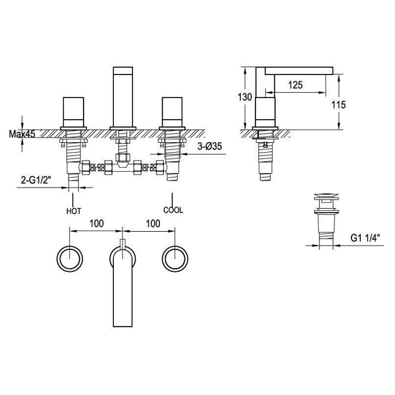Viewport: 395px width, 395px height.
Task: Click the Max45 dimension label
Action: tap(22, 134)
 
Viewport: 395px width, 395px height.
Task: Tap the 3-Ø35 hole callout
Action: tap(209, 146)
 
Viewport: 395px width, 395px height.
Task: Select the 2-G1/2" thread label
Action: tap(36, 180)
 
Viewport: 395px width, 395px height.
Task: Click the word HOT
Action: tap(74, 211)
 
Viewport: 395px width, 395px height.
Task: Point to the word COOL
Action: tap(173, 210)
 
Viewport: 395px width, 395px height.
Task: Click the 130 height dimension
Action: tap(245, 97)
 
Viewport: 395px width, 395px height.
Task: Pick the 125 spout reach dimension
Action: tap(295, 85)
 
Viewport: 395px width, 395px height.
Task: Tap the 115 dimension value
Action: tap(338, 105)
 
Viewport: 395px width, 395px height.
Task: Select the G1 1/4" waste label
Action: tap(365, 238)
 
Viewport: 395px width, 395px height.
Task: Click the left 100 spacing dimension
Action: tap(97, 224)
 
